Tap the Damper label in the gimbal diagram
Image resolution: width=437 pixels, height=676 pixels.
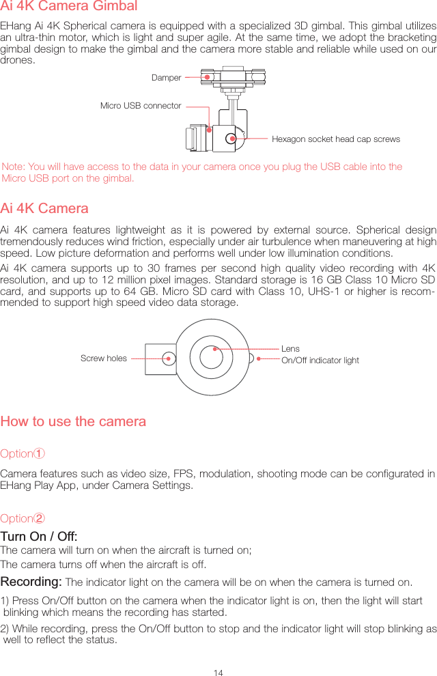(x=167, y=78)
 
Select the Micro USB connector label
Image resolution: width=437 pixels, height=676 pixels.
(x=141, y=106)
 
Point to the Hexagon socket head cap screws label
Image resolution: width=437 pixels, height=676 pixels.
(x=336, y=139)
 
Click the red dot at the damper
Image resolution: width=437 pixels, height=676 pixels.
(x=206, y=77)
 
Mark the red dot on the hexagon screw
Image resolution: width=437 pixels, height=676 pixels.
(x=233, y=139)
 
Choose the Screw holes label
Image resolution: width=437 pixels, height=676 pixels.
(x=104, y=358)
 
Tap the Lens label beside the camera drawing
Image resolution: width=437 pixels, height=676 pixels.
(x=290, y=349)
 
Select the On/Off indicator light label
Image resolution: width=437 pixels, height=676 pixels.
(x=320, y=361)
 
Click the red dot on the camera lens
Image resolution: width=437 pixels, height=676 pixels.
(x=215, y=349)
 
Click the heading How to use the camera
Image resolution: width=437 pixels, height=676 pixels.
(x=73, y=421)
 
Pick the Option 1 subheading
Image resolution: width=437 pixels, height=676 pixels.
(x=23, y=454)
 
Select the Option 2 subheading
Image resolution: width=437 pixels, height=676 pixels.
(x=23, y=518)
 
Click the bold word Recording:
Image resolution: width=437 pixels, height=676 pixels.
(x=31, y=582)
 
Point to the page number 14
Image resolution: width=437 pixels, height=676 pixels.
(x=218, y=673)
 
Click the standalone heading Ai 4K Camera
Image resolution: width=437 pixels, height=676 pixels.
(x=44, y=208)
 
